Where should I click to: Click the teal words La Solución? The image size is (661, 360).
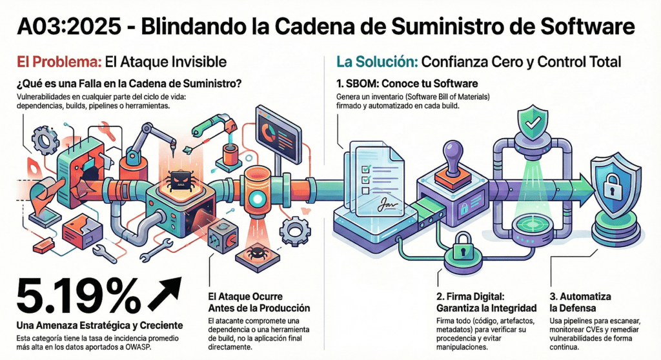coord(375,63)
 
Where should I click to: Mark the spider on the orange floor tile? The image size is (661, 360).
coord(256,252)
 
